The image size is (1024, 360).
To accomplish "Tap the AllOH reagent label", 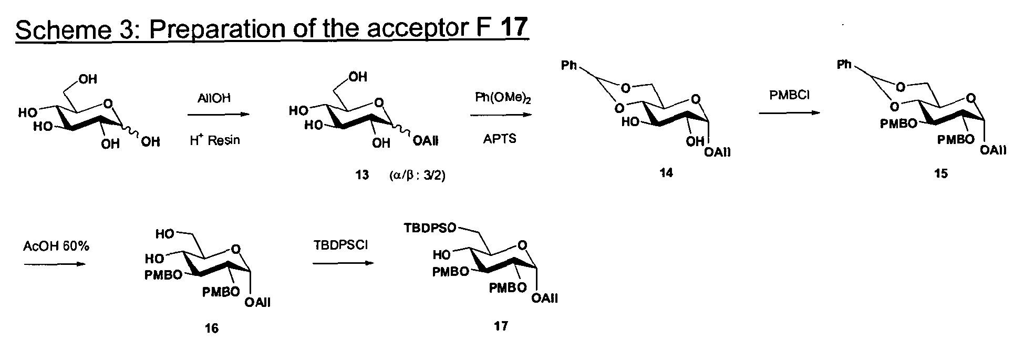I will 214,99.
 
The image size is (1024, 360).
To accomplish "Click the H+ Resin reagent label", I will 214,140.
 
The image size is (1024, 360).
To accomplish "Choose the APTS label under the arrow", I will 499,139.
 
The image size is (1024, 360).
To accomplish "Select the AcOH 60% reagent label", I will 56,246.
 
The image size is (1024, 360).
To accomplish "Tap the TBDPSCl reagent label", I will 340,245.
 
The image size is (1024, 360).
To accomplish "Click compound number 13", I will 362,175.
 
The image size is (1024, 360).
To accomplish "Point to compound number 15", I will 941,174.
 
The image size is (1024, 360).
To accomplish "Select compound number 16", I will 211,328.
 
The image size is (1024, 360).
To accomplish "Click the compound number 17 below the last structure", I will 501,326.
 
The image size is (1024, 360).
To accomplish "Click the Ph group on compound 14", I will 569,66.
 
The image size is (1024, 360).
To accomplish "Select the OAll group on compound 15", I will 992,151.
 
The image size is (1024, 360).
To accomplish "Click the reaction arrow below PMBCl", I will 789,113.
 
